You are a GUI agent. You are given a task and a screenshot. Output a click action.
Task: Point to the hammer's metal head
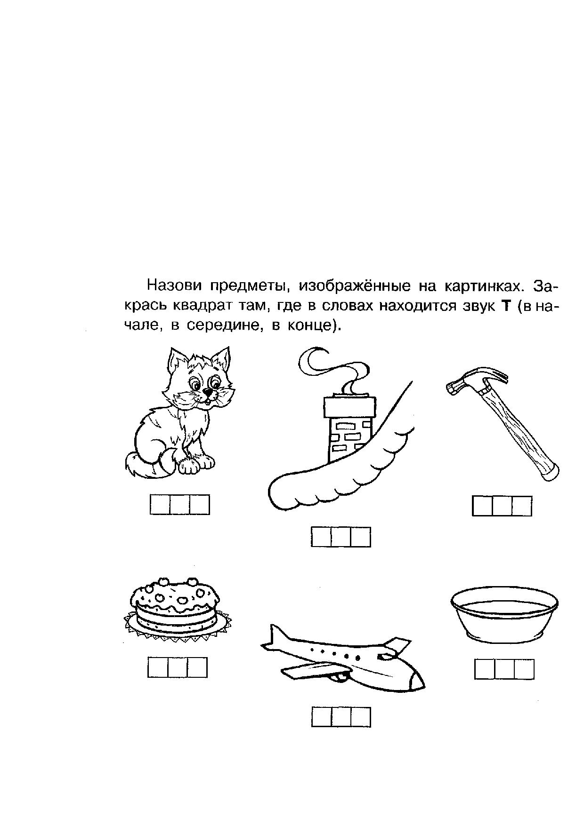(476, 380)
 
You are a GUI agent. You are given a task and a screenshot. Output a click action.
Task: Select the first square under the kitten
(160, 505)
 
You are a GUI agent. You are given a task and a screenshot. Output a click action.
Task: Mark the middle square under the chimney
(341, 537)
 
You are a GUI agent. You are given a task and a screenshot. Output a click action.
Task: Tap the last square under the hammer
(522, 506)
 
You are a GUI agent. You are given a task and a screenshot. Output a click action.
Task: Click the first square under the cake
(158, 667)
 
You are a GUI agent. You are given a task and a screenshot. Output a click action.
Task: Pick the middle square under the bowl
(504, 669)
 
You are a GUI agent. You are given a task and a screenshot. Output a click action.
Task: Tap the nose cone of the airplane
(416, 680)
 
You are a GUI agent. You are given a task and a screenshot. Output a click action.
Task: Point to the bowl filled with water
(504, 611)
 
